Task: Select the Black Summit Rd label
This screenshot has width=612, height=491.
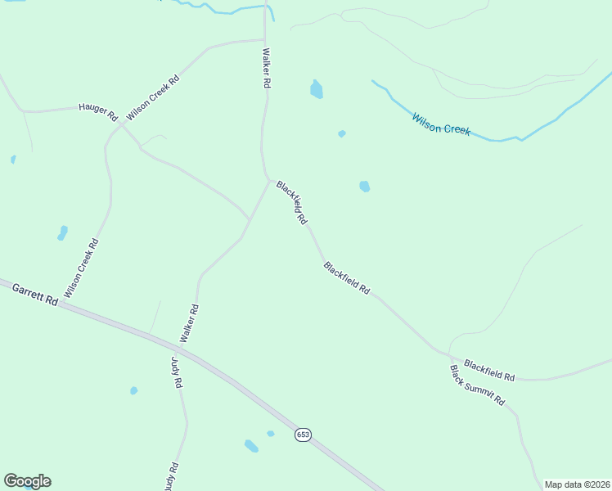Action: coord(478,387)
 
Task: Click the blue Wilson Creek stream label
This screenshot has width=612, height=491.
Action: coord(442,124)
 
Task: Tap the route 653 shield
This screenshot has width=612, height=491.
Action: coord(303,435)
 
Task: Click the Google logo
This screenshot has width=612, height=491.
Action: coord(27,481)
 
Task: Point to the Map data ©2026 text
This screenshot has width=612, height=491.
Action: coord(578,484)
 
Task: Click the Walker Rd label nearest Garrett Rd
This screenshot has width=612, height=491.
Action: coord(190,323)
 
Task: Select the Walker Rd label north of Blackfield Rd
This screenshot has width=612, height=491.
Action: coord(266,68)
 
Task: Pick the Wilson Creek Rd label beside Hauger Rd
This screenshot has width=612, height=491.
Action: coord(153,99)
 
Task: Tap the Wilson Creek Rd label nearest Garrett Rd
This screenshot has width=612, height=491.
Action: coord(82,268)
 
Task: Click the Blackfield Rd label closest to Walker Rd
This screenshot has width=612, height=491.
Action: coord(291,203)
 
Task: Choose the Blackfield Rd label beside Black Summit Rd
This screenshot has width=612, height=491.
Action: coord(489,371)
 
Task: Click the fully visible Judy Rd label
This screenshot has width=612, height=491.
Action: coord(176,372)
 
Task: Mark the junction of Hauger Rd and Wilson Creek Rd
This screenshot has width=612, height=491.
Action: coord(121,125)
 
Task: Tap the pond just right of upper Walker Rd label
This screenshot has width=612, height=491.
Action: coord(317,89)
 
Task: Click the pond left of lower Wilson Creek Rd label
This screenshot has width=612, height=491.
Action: coord(62,233)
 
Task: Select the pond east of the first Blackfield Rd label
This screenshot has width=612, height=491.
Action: coord(364,187)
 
